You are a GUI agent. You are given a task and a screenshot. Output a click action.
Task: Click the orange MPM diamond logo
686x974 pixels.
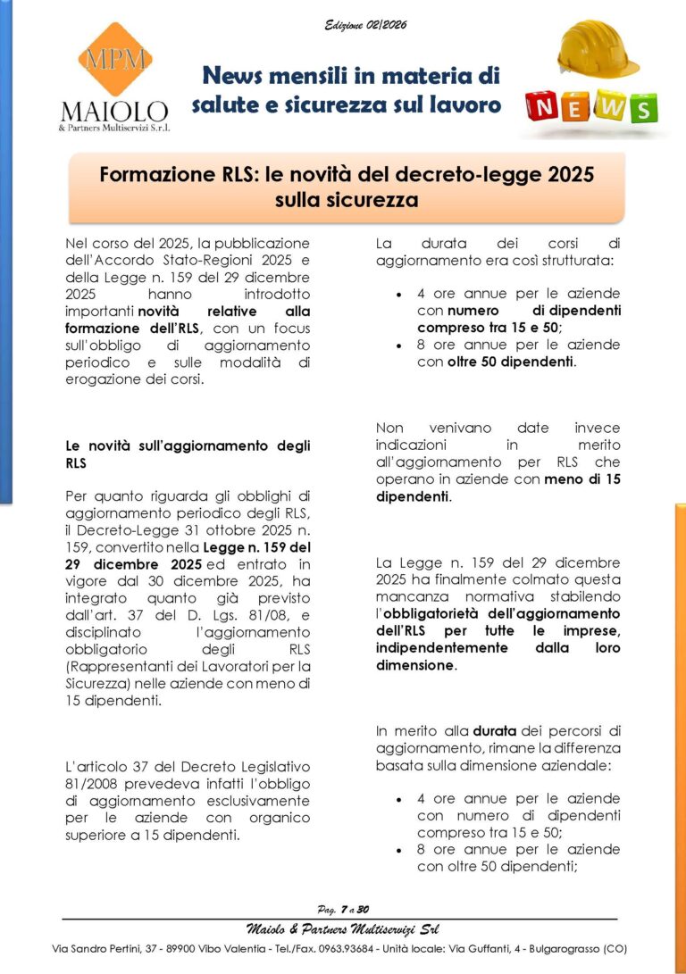(x=114, y=60)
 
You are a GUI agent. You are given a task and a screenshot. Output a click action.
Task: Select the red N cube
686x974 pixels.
(x=546, y=108)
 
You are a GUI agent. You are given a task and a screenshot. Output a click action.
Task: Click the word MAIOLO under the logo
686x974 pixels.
(x=113, y=112)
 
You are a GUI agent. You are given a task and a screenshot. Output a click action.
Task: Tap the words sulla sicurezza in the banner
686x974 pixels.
(x=347, y=200)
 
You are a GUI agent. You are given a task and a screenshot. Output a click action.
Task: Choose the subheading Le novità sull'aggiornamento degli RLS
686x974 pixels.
(x=188, y=454)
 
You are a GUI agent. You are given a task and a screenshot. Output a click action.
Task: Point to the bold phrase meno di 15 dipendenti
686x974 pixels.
(x=572, y=487)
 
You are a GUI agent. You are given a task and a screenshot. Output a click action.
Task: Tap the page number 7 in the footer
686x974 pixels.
(x=342, y=909)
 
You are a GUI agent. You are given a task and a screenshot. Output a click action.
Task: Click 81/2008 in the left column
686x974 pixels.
(x=92, y=784)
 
